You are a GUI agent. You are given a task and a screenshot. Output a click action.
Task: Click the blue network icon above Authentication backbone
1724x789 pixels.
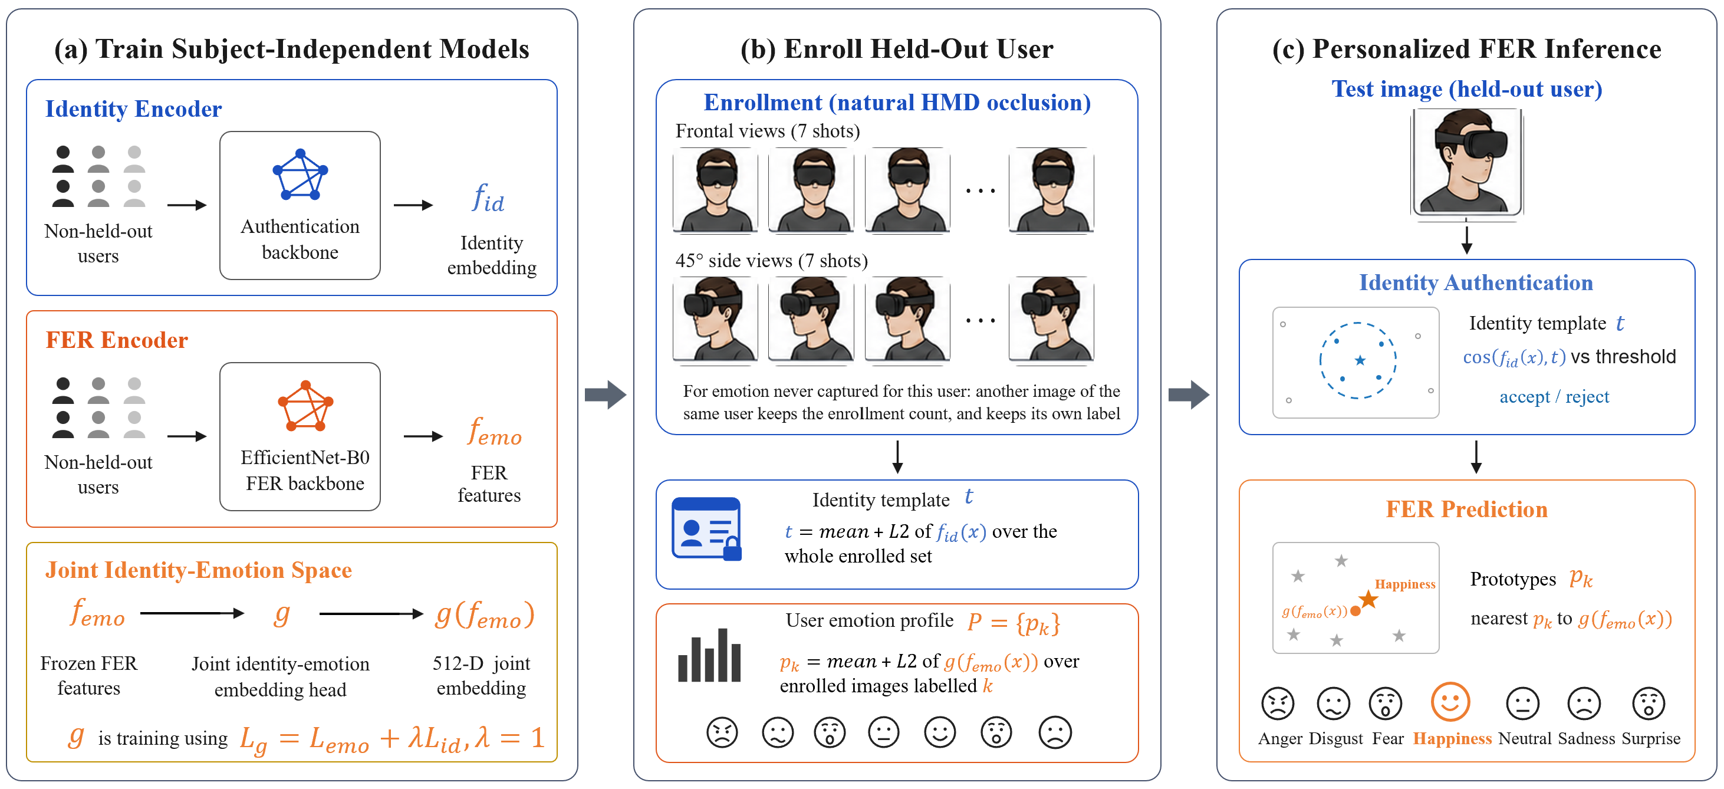[301, 175]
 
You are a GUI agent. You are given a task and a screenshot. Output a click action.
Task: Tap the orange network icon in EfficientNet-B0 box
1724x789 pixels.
[305, 406]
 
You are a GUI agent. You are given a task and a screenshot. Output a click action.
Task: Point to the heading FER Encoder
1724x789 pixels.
[117, 340]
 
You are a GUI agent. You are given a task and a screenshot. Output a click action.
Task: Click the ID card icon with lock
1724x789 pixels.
[707, 529]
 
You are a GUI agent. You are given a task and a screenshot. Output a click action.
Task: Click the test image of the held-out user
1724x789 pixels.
[1466, 162]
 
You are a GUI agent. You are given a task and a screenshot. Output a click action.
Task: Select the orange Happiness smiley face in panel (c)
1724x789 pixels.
[1450, 702]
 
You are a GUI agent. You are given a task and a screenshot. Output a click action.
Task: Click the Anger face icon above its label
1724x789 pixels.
[1278, 703]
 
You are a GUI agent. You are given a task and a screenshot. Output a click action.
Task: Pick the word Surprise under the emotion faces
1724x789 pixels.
[1651, 738]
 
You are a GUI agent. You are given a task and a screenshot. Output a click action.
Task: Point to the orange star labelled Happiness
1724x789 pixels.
[1368, 599]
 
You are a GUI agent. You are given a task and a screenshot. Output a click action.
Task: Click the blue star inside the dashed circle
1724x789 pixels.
[1360, 361]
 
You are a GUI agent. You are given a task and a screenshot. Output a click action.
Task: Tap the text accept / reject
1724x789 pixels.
[1554, 397]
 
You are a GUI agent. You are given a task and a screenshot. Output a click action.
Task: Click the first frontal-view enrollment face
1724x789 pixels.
[715, 190]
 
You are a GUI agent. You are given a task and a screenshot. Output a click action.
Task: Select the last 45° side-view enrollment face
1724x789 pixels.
[1051, 320]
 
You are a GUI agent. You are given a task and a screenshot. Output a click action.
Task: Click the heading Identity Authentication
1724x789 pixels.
[1476, 282]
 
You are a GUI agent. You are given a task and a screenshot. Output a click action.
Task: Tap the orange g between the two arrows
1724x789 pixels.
[282, 613]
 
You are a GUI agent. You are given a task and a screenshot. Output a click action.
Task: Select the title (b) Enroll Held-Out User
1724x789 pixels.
[897, 49]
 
